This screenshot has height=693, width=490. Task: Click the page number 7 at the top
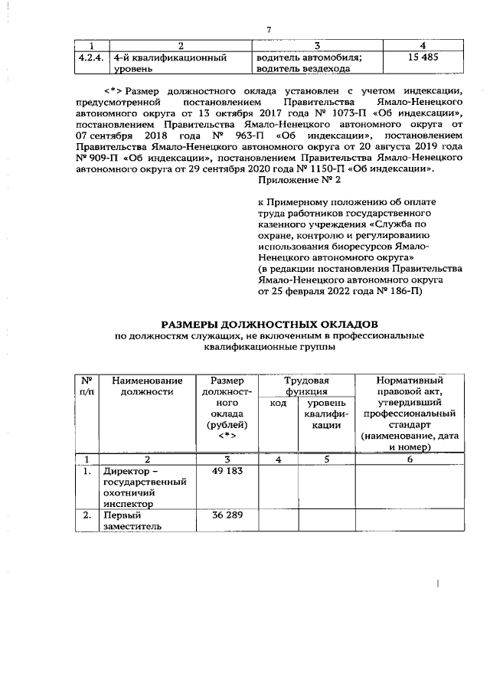coord(269,30)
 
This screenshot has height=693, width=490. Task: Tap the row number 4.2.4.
coord(92,57)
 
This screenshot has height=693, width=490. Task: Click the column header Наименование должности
coord(147,386)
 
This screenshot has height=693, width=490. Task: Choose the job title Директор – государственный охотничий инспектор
coord(145,487)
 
